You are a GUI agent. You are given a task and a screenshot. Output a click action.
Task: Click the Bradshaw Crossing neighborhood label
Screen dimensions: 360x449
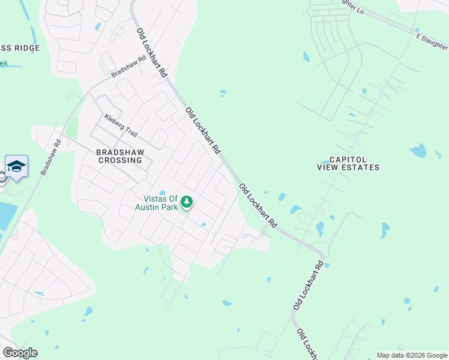click(x=119, y=156)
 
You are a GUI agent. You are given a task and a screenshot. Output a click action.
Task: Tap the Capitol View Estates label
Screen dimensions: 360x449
click(x=348, y=163)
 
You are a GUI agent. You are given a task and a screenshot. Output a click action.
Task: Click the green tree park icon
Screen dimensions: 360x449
click(x=187, y=202)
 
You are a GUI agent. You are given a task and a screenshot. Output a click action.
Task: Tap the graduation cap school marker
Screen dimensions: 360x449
click(x=16, y=166)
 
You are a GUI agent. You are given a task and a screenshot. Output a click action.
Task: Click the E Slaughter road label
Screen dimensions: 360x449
click(x=433, y=39)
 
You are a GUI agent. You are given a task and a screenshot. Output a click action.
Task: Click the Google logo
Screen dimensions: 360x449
click(x=20, y=353)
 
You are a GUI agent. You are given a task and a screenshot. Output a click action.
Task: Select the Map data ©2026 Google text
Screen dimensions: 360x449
click(x=412, y=355)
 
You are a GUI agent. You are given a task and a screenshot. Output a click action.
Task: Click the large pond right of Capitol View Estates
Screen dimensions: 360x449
click(x=418, y=151)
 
